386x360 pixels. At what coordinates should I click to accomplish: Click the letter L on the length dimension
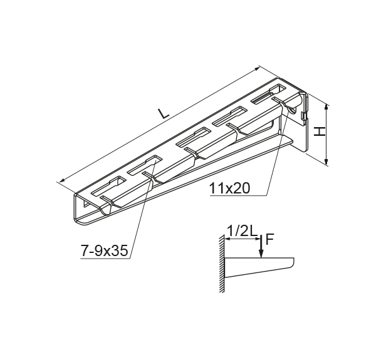pyautogui.click(x=164, y=113)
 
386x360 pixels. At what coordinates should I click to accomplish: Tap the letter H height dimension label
pyautogui.click(x=320, y=131)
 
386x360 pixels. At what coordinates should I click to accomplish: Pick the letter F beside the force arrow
pyautogui.click(x=269, y=239)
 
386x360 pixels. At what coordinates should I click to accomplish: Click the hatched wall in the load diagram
pyautogui.click(x=221, y=264)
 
